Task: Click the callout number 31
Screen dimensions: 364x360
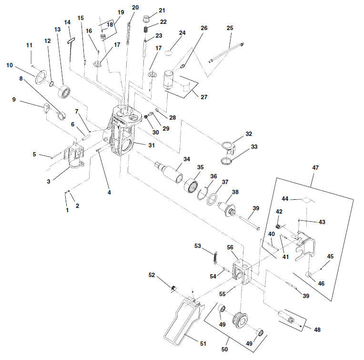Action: coord(152,145)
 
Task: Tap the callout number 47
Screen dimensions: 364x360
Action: coord(315,167)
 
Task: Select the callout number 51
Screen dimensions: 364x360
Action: coord(203,343)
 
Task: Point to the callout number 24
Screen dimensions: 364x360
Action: coord(182,33)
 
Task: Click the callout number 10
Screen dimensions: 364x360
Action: coord(10,65)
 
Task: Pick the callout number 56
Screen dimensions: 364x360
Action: coord(230,247)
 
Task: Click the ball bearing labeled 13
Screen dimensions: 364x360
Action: coord(64,92)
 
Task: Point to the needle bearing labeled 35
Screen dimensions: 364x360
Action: coord(191,185)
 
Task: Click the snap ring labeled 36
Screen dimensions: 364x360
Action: coord(202,194)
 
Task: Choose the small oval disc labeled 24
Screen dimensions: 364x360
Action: coord(169,53)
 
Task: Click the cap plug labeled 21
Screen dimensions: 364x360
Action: coord(146,19)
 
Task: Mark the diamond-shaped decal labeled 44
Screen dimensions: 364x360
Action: coord(306,200)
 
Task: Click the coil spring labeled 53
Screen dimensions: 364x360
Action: coord(216,257)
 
